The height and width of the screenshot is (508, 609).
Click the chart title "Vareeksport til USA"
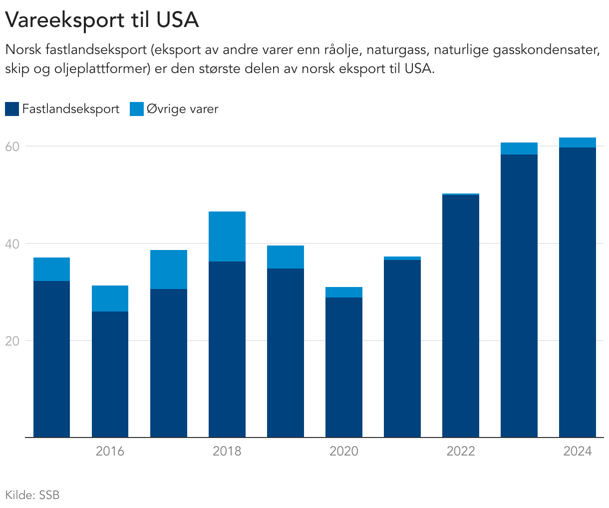point(102,20)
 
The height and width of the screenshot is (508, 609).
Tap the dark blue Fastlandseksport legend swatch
point(12,109)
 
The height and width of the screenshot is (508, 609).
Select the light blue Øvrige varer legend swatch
point(137,109)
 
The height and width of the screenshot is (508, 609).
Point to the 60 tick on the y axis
point(12,146)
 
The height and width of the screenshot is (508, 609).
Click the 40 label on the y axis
point(12,244)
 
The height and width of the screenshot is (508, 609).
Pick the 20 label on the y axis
point(12,341)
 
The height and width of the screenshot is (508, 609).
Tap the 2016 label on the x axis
point(110,451)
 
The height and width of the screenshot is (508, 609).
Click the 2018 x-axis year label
point(227,451)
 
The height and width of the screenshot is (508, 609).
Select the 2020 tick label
point(343,451)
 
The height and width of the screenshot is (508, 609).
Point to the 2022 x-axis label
point(460,451)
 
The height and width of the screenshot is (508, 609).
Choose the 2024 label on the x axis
point(577,451)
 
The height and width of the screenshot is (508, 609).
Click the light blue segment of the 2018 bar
point(227,236)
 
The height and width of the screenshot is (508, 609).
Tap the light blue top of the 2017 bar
point(169,269)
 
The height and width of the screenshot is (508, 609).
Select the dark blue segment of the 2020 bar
point(344,367)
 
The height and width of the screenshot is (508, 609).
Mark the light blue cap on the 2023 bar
point(519,148)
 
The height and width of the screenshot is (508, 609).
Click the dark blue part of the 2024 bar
point(578,292)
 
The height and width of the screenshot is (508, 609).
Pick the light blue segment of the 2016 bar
point(110,298)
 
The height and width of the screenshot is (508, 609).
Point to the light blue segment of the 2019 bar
point(286,257)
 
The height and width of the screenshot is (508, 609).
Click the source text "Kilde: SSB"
point(32,495)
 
